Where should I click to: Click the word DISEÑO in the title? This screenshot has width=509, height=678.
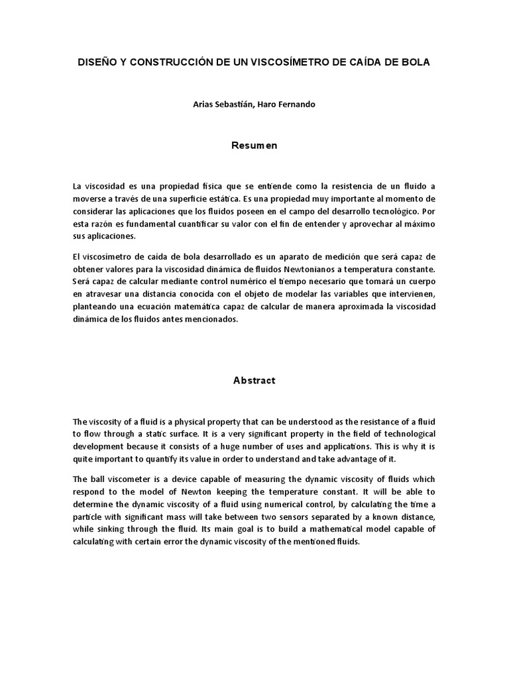pos(97,62)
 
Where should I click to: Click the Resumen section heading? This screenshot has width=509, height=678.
pos(254,146)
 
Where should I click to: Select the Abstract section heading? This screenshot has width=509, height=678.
pos(254,381)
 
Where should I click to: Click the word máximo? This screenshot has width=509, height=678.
pos(418,224)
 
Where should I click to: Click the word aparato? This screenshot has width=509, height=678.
pos(298,257)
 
